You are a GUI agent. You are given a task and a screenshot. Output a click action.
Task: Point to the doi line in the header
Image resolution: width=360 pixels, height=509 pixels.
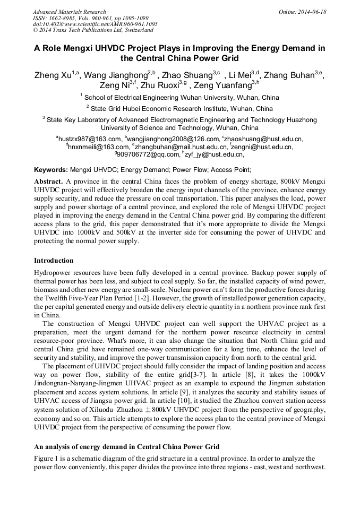(x=95, y=24)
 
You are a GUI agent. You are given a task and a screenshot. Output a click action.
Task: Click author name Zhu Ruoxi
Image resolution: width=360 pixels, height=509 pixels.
(x=160, y=85)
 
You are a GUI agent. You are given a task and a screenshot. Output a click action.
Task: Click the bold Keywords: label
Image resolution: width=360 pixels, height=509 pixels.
(x=51, y=170)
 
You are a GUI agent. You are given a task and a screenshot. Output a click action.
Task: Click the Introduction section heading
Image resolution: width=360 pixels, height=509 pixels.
(x=54, y=261)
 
